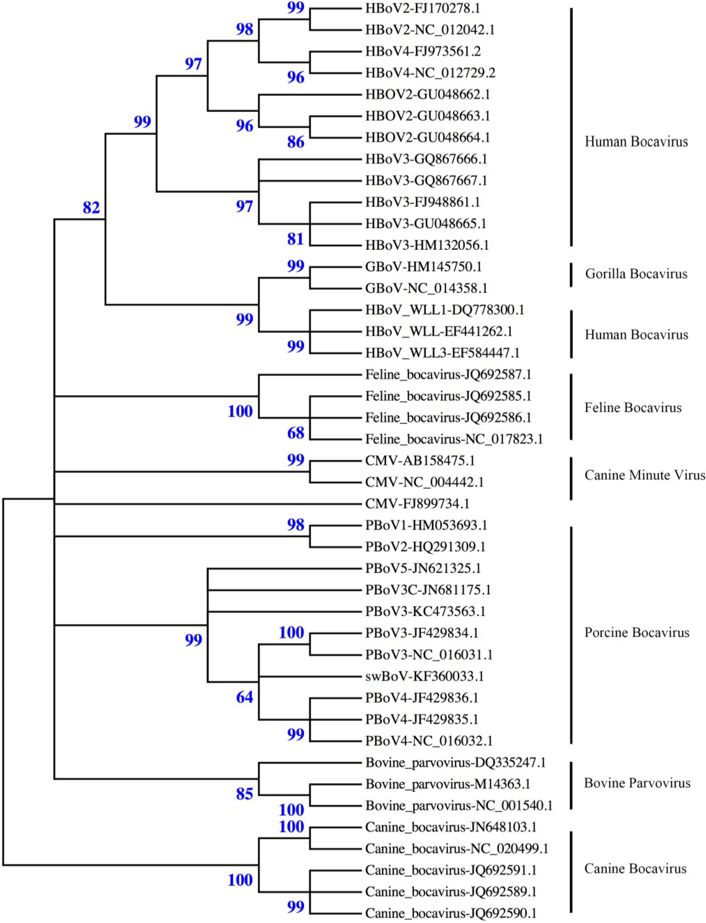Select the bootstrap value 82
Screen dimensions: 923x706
[x=91, y=207]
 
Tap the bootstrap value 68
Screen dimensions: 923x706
[x=296, y=433]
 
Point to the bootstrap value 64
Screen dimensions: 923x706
[x=245, y=697]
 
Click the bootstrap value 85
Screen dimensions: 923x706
[x=245, y=794]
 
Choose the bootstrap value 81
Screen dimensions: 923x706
[x=296, y=239]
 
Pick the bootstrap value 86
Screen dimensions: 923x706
[x=296, y=142]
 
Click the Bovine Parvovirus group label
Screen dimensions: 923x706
[x=637, y=783]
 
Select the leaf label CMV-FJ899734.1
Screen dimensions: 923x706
[x=417, y=503]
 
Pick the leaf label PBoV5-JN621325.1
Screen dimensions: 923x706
[x=423, y=568]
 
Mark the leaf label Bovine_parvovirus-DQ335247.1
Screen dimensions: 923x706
[x=455, y=762]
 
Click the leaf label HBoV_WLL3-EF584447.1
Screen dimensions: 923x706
[x=442, y=353]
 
